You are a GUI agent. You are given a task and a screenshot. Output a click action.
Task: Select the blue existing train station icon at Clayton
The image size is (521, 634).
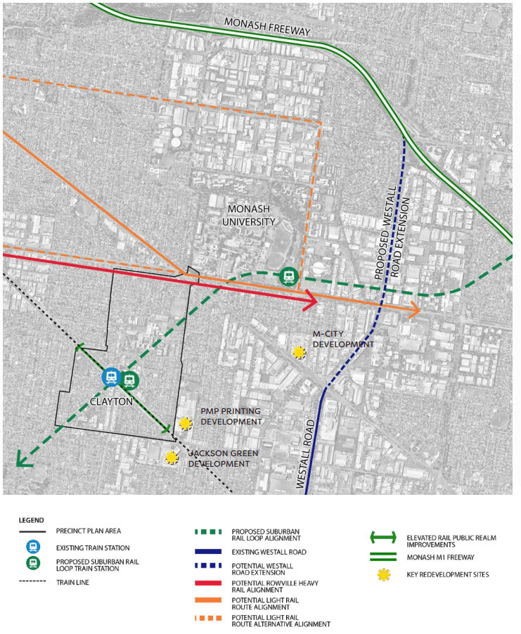[111, 378]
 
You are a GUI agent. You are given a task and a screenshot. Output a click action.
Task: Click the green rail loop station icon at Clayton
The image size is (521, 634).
[129, 380]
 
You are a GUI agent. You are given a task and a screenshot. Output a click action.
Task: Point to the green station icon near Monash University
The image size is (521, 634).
[288, 276]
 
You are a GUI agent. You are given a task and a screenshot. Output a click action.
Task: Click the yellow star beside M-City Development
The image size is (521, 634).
[300, 352]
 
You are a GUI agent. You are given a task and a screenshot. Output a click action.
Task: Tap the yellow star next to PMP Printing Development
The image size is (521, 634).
[185, 423]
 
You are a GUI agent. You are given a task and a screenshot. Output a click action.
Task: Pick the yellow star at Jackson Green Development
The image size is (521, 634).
[171, 458]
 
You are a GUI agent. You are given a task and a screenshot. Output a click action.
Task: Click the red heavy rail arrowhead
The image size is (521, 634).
[313, 302]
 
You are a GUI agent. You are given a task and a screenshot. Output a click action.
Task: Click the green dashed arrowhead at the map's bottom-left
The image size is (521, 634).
[22, 461]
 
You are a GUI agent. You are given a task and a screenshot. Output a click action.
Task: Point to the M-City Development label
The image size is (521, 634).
[343, 339]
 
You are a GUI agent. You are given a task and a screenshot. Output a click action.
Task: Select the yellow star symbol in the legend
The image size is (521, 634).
[382, 574]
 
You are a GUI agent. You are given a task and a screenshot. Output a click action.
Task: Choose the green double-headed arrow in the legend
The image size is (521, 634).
[382, 540]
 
